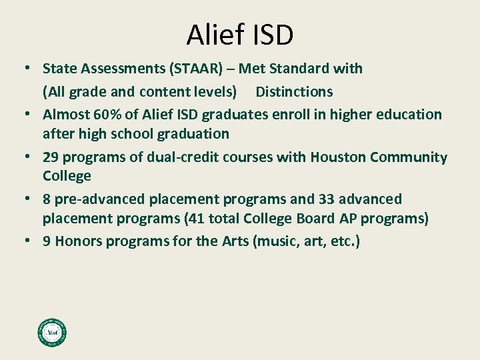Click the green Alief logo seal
point(52,332)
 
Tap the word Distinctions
point(294,91)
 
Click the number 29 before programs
point(51,158)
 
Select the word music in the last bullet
point(275,241)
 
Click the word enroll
point(293,115)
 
